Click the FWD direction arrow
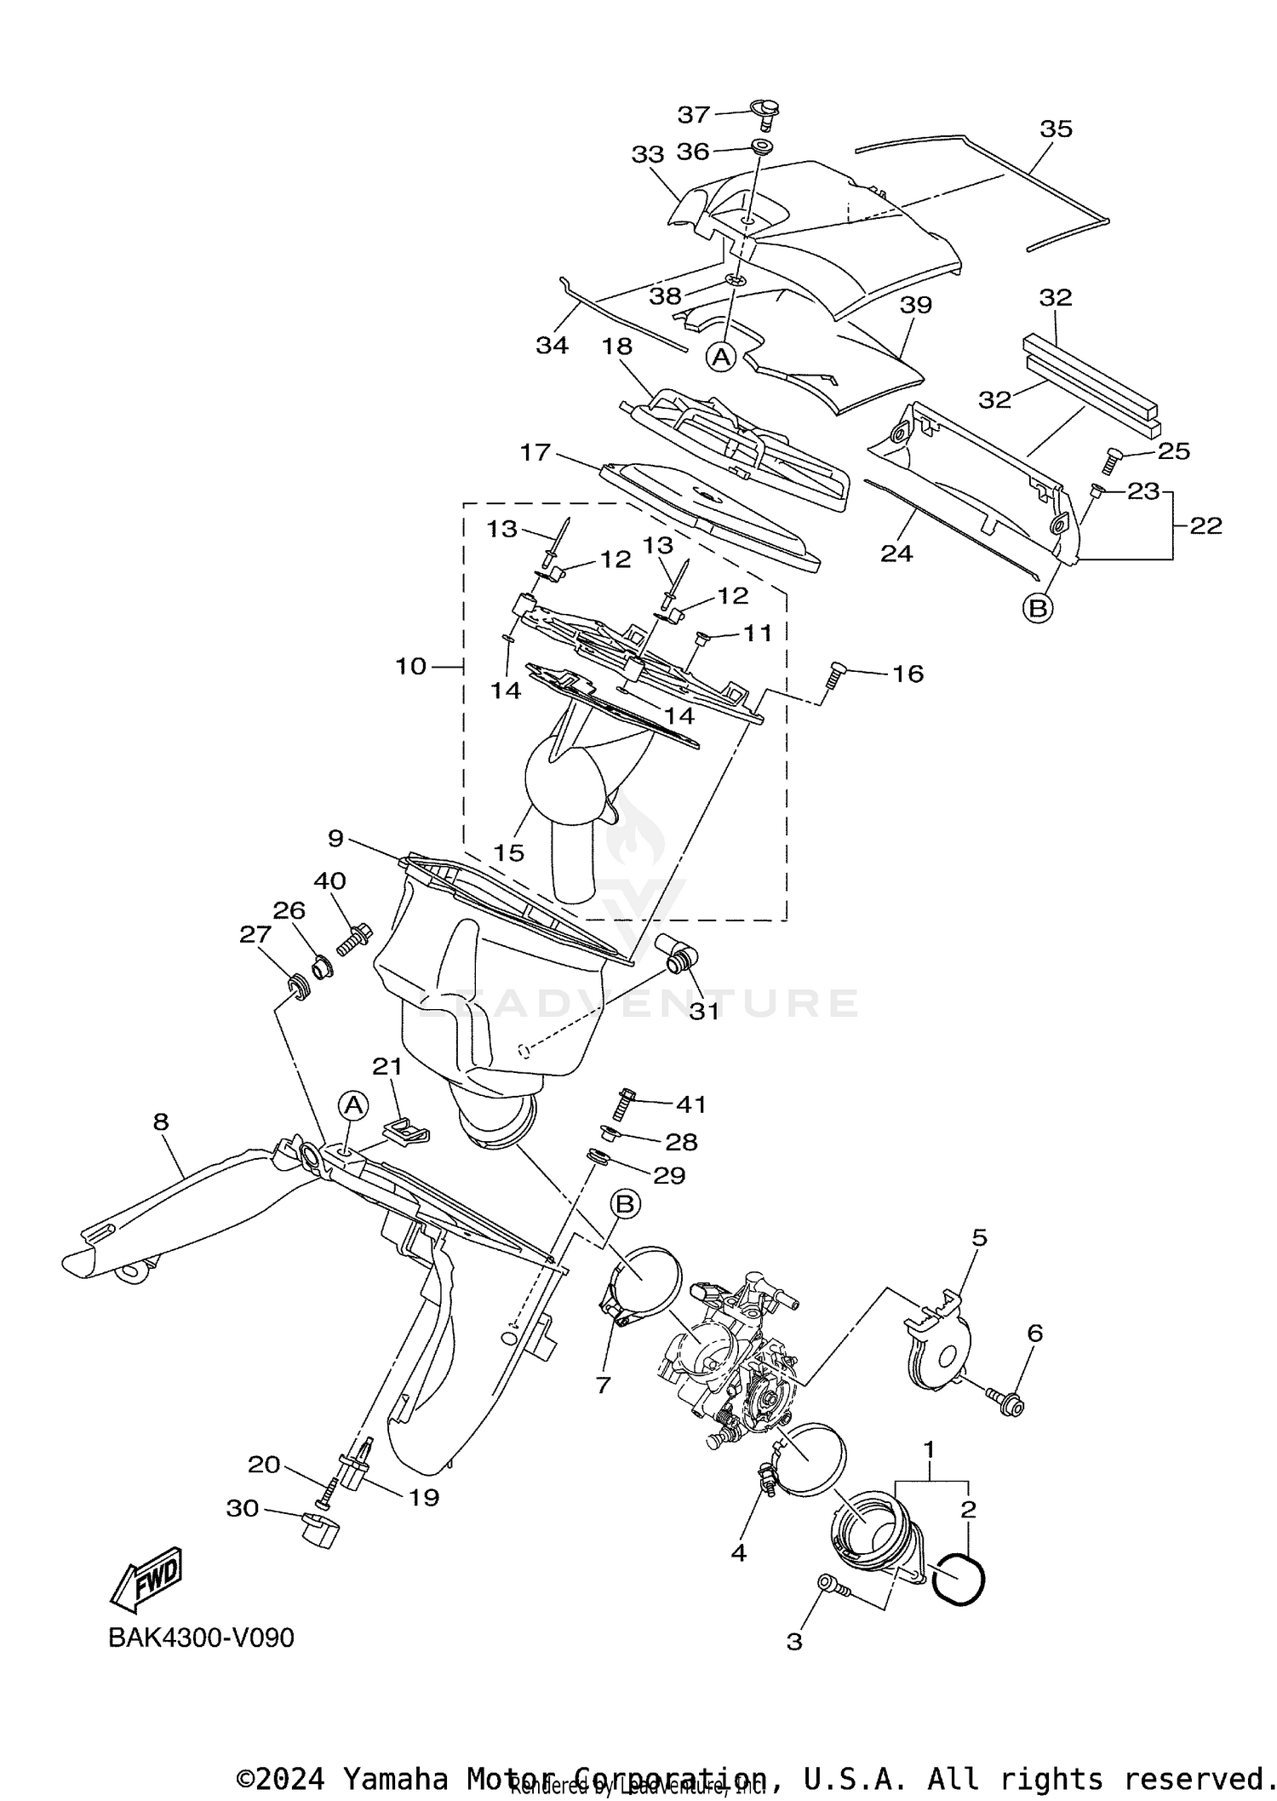point(146,1578)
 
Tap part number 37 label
point(693,114)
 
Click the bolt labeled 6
point(1004,1405)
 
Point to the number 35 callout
point(1056,129)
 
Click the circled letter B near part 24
point(1038,608)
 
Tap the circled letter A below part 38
point(721,357)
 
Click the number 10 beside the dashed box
point(410,666)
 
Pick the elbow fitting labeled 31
point(677,955)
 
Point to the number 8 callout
point(161,1121)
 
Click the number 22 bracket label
point(1205,525)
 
